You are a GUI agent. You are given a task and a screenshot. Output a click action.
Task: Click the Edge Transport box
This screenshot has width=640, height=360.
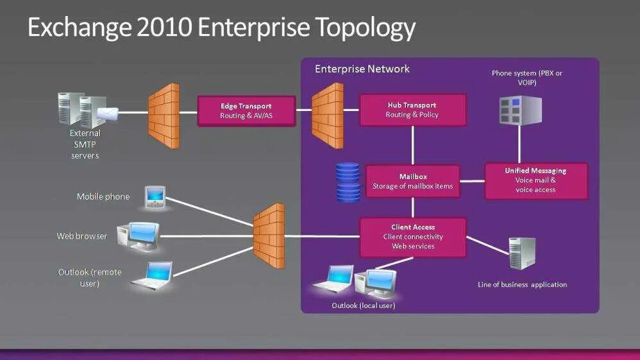246,111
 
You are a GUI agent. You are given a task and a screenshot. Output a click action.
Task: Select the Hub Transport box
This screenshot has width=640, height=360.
412,110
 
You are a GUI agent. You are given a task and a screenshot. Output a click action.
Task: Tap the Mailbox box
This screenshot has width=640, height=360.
412,182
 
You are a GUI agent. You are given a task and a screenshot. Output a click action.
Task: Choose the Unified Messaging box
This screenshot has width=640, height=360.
535,180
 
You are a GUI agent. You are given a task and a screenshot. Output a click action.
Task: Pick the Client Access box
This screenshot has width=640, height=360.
412,237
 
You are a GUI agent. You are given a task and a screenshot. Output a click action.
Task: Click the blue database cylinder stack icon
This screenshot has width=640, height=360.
348,182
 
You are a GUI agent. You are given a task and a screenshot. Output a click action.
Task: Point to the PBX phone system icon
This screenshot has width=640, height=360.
520,109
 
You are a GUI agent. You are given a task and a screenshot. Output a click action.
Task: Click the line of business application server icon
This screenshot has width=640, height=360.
521,253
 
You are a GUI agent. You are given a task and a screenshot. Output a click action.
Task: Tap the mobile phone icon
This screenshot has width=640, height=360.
155,198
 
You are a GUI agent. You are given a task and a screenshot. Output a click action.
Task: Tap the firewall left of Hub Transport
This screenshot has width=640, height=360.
327,116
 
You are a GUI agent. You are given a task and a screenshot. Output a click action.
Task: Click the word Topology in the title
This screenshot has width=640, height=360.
366,28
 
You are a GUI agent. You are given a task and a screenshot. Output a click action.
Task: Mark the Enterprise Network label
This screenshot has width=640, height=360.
362,69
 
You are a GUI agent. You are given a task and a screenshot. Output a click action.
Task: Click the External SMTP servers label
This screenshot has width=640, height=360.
85,144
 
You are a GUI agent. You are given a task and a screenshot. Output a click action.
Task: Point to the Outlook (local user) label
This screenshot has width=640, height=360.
363,305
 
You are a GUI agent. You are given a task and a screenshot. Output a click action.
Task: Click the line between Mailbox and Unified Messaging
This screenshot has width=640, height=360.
473,181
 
